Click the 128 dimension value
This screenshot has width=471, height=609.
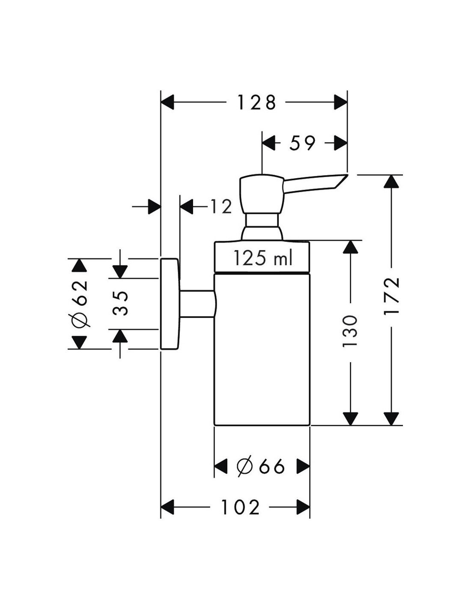tap(256, 103)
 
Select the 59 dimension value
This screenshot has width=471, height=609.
tap(302, 143)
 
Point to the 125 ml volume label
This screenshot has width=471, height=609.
tap(262, 258)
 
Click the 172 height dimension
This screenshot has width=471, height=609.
tap(391, 296)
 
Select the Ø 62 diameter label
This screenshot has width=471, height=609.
tap(80, 304)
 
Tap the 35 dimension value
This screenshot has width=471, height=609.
tap(122, 303)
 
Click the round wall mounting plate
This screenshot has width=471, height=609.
tap(170, 304)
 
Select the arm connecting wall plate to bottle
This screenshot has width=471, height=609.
tap(197, 304)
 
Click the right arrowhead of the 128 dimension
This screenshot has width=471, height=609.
tap(340, 103)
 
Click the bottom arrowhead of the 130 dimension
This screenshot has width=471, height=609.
tap(351, 418)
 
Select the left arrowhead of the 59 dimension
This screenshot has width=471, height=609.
tap(268, 143)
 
